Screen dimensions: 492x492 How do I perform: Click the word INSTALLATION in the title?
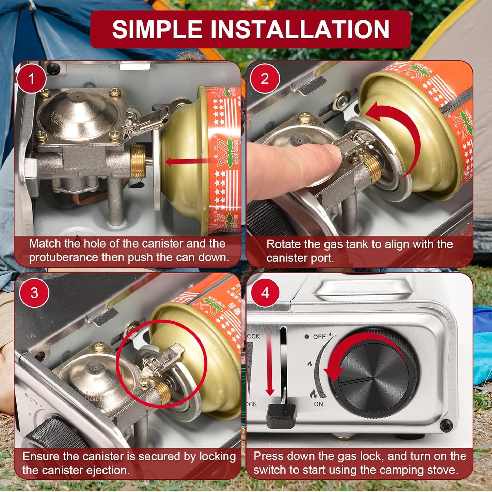(300, 29)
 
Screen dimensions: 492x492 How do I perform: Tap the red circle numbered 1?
(31, 79)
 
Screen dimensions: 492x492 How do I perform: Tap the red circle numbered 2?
(265, 79)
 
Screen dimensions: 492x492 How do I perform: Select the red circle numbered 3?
(34, 293)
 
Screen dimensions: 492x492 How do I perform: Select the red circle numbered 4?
(265, 293)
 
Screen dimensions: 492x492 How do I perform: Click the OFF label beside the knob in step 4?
(319, 337)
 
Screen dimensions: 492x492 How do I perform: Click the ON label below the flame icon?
(318, 404)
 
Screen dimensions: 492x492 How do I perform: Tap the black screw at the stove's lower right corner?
(446, 425)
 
